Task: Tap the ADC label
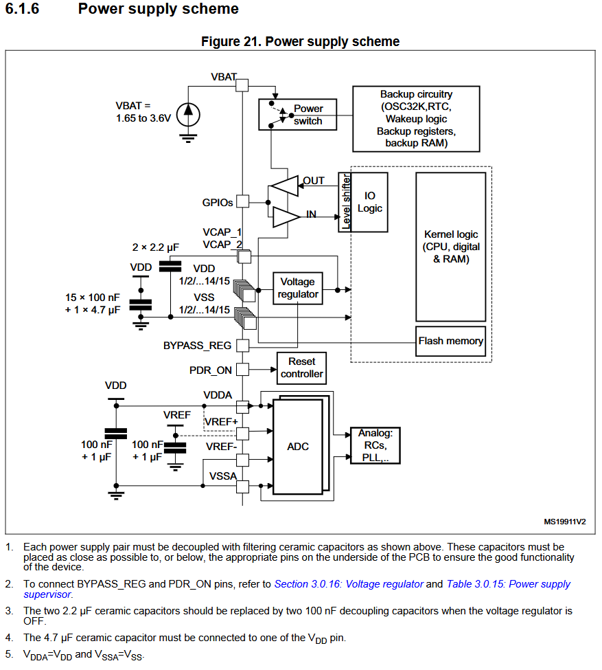[x=298, y=447]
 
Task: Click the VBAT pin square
[x=242, y=85]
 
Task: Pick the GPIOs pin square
[x=242, y=201]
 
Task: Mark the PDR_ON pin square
[x=242, y=369]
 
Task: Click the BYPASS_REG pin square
[x=242, y=345]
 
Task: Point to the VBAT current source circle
[x=188, y=115]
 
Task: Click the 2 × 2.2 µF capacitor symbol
[x=170, y=266]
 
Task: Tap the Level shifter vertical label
[x=346, y=201]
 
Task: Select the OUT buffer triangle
[x=283, y=186]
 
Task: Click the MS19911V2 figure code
[x=564, y=522]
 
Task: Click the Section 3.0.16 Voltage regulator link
[x=349, y=584]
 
